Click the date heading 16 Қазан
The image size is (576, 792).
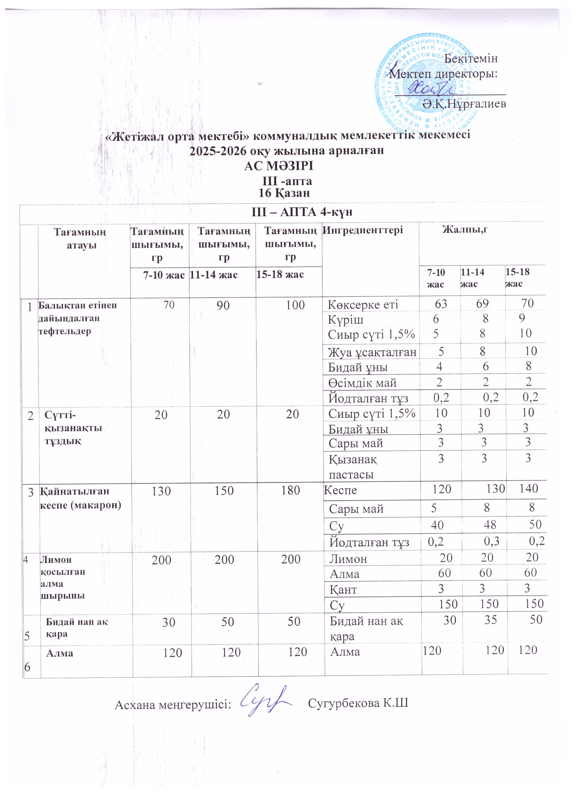[284, 193]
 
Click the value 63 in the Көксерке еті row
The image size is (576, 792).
[441, 303]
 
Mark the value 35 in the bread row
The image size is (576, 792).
[490, 620]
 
